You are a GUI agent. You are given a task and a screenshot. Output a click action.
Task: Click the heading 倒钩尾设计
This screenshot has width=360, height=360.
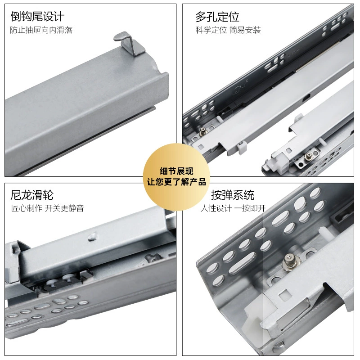pos(37,17)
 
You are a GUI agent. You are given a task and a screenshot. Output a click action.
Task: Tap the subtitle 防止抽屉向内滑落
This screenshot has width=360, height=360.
pos(41,30)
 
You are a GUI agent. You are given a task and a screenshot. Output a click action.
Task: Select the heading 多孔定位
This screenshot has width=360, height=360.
pos(217,17)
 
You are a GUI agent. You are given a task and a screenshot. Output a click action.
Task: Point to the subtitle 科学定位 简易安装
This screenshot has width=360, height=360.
pos(228,30)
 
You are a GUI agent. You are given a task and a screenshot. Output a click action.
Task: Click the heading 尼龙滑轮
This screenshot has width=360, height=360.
pos(32,195)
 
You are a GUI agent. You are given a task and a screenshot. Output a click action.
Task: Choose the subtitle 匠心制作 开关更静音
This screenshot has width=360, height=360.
pos(47,208)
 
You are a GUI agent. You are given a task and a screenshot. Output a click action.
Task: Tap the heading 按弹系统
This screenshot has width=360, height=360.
pos(233,195)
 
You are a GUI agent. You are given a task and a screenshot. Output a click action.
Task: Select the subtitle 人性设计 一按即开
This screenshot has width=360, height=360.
pos(233,208)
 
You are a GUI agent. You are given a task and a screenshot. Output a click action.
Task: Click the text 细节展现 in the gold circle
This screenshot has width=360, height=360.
pos(176,171)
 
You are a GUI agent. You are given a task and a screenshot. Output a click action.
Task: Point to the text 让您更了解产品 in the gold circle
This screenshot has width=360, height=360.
pos(176,182)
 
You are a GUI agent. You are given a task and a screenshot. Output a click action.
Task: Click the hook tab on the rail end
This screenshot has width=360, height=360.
pos(129,43)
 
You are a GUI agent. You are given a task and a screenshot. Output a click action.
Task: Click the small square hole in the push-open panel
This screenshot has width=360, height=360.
pos(284,295)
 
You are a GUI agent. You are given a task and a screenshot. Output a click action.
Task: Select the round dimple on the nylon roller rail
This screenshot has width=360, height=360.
pos(92,237)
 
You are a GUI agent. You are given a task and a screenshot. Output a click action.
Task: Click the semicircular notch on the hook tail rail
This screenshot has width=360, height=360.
pos(157,68)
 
